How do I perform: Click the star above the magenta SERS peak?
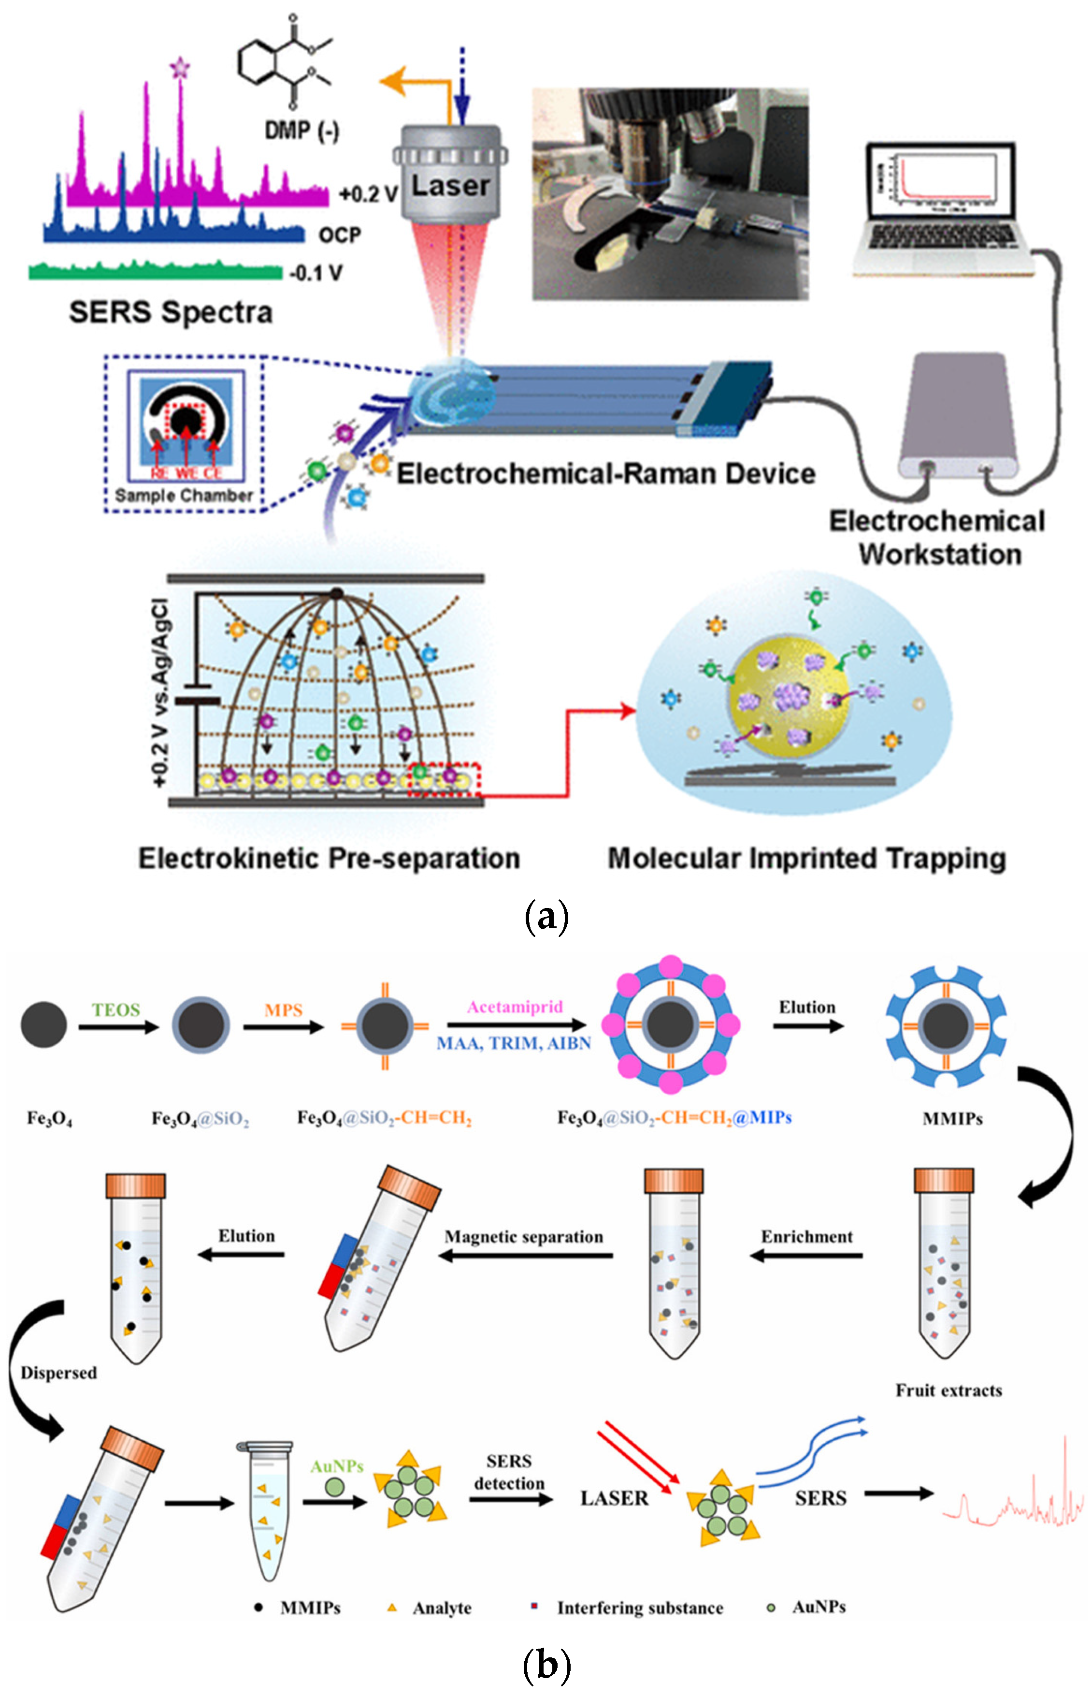[x=180, y=69]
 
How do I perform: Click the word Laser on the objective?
[x=450, y=186]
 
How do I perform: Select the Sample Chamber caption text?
[x=184, y=495]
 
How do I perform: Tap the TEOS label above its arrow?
[x=115, y=1009]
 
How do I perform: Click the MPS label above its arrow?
[x=283, y=1009]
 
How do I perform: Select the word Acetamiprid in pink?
[x=515, y=1006]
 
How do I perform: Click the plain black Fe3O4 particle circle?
[x=44, y=1024]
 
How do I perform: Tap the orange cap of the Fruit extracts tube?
[x=943, y=1181]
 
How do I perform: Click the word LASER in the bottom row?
[x=614, y=1498]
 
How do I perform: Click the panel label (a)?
[x=546, y=917]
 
